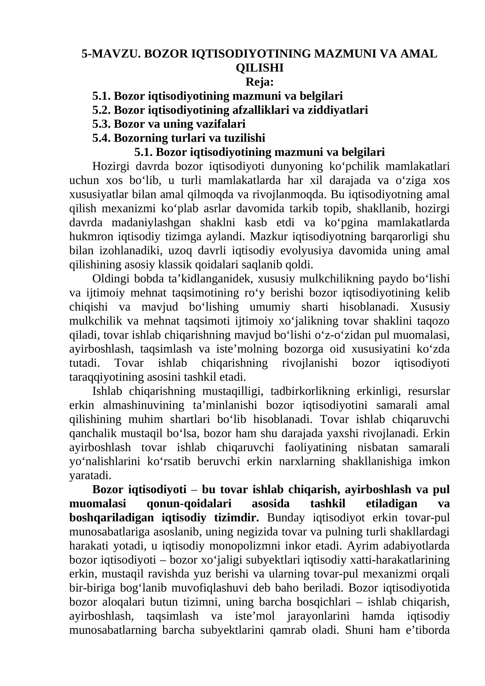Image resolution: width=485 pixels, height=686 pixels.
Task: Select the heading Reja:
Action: click(x=259, y=82)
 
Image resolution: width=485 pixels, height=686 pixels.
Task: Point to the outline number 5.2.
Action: click(x=102, y=110)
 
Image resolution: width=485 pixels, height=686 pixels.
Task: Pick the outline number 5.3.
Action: click(x=102, y=124)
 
